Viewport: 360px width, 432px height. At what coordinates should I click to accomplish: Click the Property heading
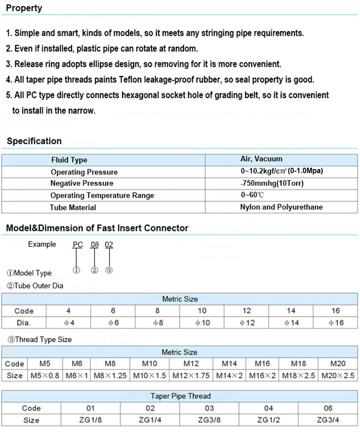[24, 8]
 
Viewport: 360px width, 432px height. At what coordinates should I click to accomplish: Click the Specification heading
[34, 141]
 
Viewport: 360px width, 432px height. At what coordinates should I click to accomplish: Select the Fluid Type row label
[69, 160]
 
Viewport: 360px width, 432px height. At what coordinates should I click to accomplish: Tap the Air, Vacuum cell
[261, 159]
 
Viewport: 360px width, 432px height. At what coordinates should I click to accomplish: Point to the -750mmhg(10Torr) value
[273, 183]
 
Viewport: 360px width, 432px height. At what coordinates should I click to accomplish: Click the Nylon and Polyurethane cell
[281, 207]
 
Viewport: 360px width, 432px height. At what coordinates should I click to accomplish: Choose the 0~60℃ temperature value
[252, 195]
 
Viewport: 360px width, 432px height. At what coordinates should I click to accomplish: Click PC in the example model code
[77, 245]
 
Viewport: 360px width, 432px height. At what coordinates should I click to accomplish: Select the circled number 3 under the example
[109, 270]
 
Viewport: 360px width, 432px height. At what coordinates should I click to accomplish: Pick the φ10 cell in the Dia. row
[202, 323]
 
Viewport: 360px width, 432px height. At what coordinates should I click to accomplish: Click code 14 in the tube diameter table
[292, 311]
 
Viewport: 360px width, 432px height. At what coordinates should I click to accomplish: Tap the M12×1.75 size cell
[191, 376]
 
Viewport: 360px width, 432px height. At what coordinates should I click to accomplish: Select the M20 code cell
[338, 364]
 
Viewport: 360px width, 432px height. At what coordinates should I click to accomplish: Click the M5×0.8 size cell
[45, 376]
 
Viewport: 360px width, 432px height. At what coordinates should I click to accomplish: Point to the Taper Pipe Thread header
[180, 396]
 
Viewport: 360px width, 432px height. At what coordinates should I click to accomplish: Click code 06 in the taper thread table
[328, 408]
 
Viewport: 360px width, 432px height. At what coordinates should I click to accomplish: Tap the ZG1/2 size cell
[268, 420]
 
